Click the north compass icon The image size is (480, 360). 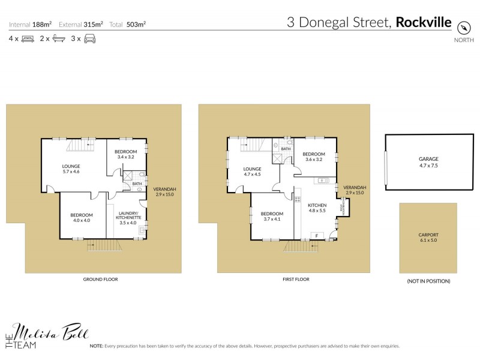(463, 28)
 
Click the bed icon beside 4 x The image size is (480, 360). (28, 38)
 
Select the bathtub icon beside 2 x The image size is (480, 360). (59, 38)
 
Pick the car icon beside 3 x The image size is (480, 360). (90, 38)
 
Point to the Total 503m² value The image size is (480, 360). (136, 25)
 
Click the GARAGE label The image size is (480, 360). (428, 159)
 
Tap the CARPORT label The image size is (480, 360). (428, 235)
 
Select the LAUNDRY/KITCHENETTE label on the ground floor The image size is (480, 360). (128, 215)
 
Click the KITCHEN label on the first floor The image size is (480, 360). (317, 205)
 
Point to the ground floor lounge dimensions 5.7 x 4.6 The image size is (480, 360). (71, 172)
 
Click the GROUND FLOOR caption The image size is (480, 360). (100, 280)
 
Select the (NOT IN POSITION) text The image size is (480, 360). (428, 281)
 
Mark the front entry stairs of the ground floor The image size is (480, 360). (100, 245)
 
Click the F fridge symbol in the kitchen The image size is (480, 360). (316, 236)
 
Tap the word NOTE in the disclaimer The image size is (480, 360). (97, 346)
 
